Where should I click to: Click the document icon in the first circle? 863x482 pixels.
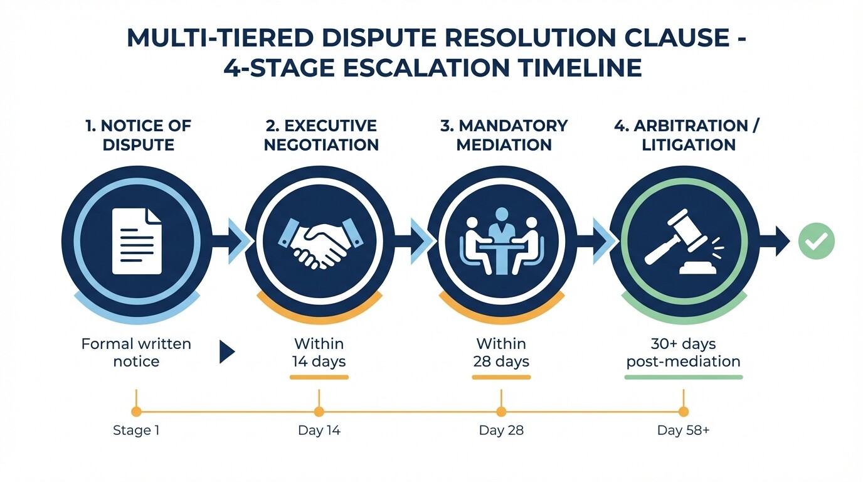coord(137,242)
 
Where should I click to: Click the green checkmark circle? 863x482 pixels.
coord(816,242)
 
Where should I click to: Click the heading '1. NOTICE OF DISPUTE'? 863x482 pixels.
coord(137,135)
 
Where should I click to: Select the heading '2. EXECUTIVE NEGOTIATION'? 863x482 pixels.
coord(321,135)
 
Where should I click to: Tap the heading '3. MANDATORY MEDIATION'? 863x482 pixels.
coord(504,135)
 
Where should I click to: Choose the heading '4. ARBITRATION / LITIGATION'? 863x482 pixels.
coord(687,135)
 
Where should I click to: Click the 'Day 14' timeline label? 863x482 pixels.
coord(319,431)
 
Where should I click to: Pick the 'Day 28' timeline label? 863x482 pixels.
coord(501,431)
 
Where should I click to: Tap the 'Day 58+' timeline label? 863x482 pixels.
coord(683,431)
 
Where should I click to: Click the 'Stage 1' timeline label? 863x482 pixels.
coord(136,431)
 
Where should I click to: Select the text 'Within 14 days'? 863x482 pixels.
coord(319,353)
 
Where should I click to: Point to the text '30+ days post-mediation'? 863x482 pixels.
coord(684,353)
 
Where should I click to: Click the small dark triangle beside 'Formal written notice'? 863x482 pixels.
coord(226,352)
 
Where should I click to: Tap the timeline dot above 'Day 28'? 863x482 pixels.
coord(501,412)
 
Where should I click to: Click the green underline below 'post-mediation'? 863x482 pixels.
coord(684,377)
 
